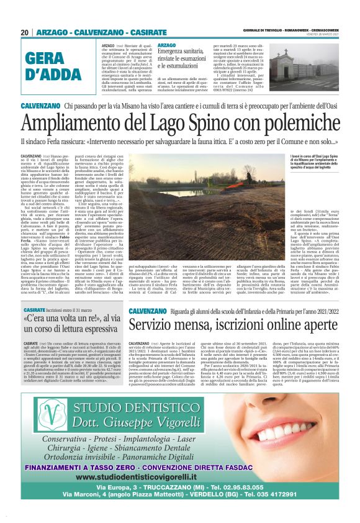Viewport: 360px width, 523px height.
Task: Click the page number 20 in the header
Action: point(25,32)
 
